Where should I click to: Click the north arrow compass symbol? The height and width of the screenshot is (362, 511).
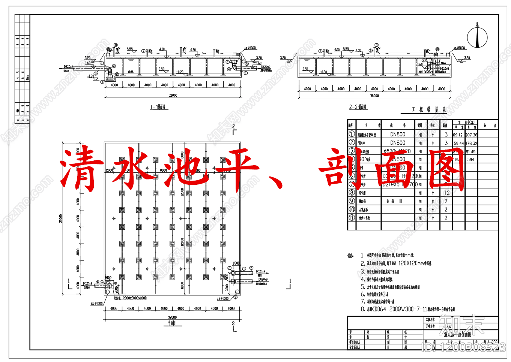(477, 37)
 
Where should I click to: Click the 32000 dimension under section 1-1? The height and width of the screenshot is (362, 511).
(173, 96)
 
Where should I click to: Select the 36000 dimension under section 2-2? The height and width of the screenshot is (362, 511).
(374, 96)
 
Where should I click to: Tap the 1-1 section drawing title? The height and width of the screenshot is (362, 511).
(158, 107)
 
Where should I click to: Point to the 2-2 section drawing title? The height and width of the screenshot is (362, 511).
(358, 107)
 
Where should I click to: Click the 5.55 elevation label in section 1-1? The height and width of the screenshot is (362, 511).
(130, 49)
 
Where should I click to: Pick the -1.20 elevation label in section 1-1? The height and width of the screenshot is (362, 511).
(91, 76)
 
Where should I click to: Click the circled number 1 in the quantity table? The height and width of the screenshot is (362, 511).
(352, 134)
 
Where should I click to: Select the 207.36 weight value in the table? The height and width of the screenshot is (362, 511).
(471, 135)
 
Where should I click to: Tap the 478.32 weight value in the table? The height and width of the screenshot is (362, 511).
(471, 143)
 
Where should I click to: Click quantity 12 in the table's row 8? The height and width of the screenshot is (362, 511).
(446, 193)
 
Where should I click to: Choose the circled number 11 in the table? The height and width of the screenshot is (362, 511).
(352, 218)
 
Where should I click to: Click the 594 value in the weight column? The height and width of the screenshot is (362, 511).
(470, 160)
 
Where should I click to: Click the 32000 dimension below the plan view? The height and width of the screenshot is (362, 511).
(172, 317)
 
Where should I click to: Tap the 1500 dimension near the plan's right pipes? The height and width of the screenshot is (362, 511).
(236, 263)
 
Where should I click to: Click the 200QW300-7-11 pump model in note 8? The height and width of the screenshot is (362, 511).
(408, 309)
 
